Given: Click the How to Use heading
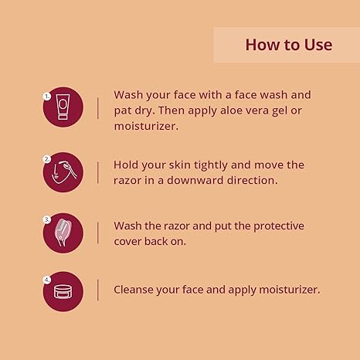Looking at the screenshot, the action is click(289, 45).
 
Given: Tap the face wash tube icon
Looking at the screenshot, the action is click(63, 107).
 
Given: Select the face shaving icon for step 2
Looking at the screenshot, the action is click(64, 172).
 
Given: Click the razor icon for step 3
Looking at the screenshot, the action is click(63, 232).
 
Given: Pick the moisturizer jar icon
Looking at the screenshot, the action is click(63, 292).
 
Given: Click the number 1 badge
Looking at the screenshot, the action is click(47, 97).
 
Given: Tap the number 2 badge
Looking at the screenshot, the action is click(47, 159).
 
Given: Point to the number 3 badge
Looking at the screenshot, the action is click(47, 219).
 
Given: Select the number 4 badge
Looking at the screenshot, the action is click(47, 280).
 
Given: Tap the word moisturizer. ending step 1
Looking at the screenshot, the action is click(146, 126).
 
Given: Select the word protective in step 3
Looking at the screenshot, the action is click(279, 226).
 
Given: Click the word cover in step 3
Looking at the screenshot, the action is click(127, 242).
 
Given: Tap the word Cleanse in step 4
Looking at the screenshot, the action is click(134, 290).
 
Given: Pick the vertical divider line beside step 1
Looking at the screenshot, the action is click(98, 108).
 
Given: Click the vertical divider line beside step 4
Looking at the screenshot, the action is click(98, 290).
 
